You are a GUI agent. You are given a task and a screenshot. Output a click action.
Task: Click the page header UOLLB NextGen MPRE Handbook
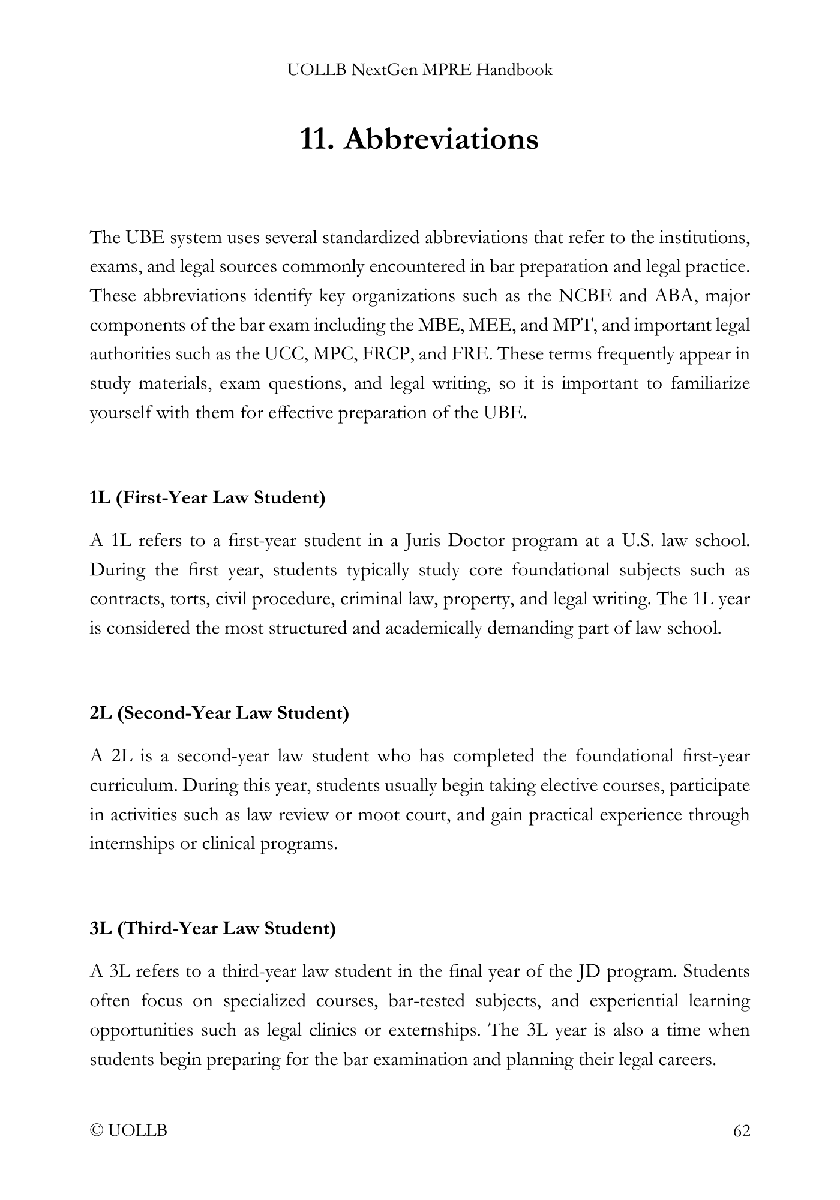[419, 70]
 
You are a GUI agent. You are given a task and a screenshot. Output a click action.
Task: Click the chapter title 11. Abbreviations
[419, 139]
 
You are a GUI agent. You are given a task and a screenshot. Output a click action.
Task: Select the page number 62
[742, 1131]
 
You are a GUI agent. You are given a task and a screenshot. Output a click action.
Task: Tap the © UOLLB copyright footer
[128, 1131]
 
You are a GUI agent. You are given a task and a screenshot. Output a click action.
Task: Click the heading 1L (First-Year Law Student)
[208, 498]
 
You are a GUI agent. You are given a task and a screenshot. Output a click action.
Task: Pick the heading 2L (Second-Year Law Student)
[219, 713]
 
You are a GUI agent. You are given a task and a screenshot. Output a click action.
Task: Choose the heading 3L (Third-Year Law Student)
[212, 929]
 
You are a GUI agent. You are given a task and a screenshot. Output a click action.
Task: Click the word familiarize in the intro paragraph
[710, 383]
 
